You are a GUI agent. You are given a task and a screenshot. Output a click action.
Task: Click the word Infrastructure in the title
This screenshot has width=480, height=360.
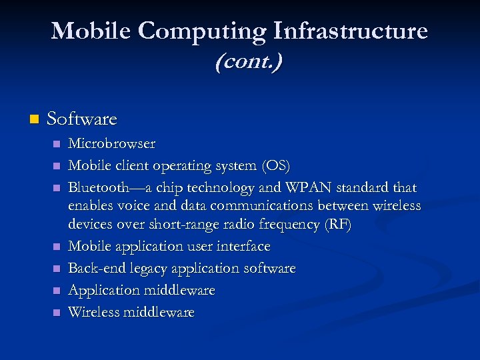(x=351, y=31)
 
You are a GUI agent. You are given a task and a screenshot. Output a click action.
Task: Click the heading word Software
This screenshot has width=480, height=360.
(x=82, y=119)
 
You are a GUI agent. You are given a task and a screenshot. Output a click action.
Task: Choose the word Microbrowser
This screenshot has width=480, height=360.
(x=112, y=143)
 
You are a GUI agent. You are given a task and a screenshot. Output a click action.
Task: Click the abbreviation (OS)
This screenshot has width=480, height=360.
(x=275, y=165)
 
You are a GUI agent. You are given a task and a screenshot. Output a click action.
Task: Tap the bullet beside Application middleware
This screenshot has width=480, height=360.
(x=57, y=291)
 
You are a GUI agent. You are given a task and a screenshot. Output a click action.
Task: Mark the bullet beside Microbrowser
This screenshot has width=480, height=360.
(x=57, y=144)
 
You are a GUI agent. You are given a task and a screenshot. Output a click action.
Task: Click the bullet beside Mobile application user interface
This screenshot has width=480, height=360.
(x=57, y=247)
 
